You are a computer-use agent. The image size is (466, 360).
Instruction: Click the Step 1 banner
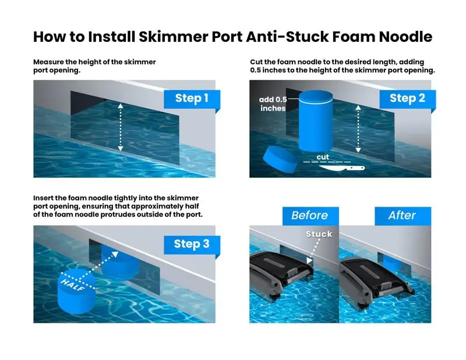[192, 99]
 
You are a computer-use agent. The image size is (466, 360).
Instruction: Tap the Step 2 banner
[407, 99]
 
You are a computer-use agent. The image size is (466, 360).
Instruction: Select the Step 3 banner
[192, 245]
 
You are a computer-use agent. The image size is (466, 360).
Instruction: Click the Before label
[310, 216]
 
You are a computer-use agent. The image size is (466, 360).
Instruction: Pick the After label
[403, 216]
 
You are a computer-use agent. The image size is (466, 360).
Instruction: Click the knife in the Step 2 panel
[342, 168]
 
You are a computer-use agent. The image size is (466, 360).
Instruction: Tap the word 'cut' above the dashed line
[323, 157]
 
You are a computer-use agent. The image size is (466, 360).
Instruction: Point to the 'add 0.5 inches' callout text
[273, 104]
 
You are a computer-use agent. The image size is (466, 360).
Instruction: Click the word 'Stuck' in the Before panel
[319, 234]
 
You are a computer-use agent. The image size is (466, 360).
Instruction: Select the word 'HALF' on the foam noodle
[72, 284]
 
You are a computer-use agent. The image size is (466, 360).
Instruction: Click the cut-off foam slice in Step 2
[280, 159]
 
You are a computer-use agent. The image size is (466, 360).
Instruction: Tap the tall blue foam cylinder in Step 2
[316, 121]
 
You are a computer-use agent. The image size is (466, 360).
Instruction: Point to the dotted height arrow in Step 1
[121, 127]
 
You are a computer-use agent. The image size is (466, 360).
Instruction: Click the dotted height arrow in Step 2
[358, 129]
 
